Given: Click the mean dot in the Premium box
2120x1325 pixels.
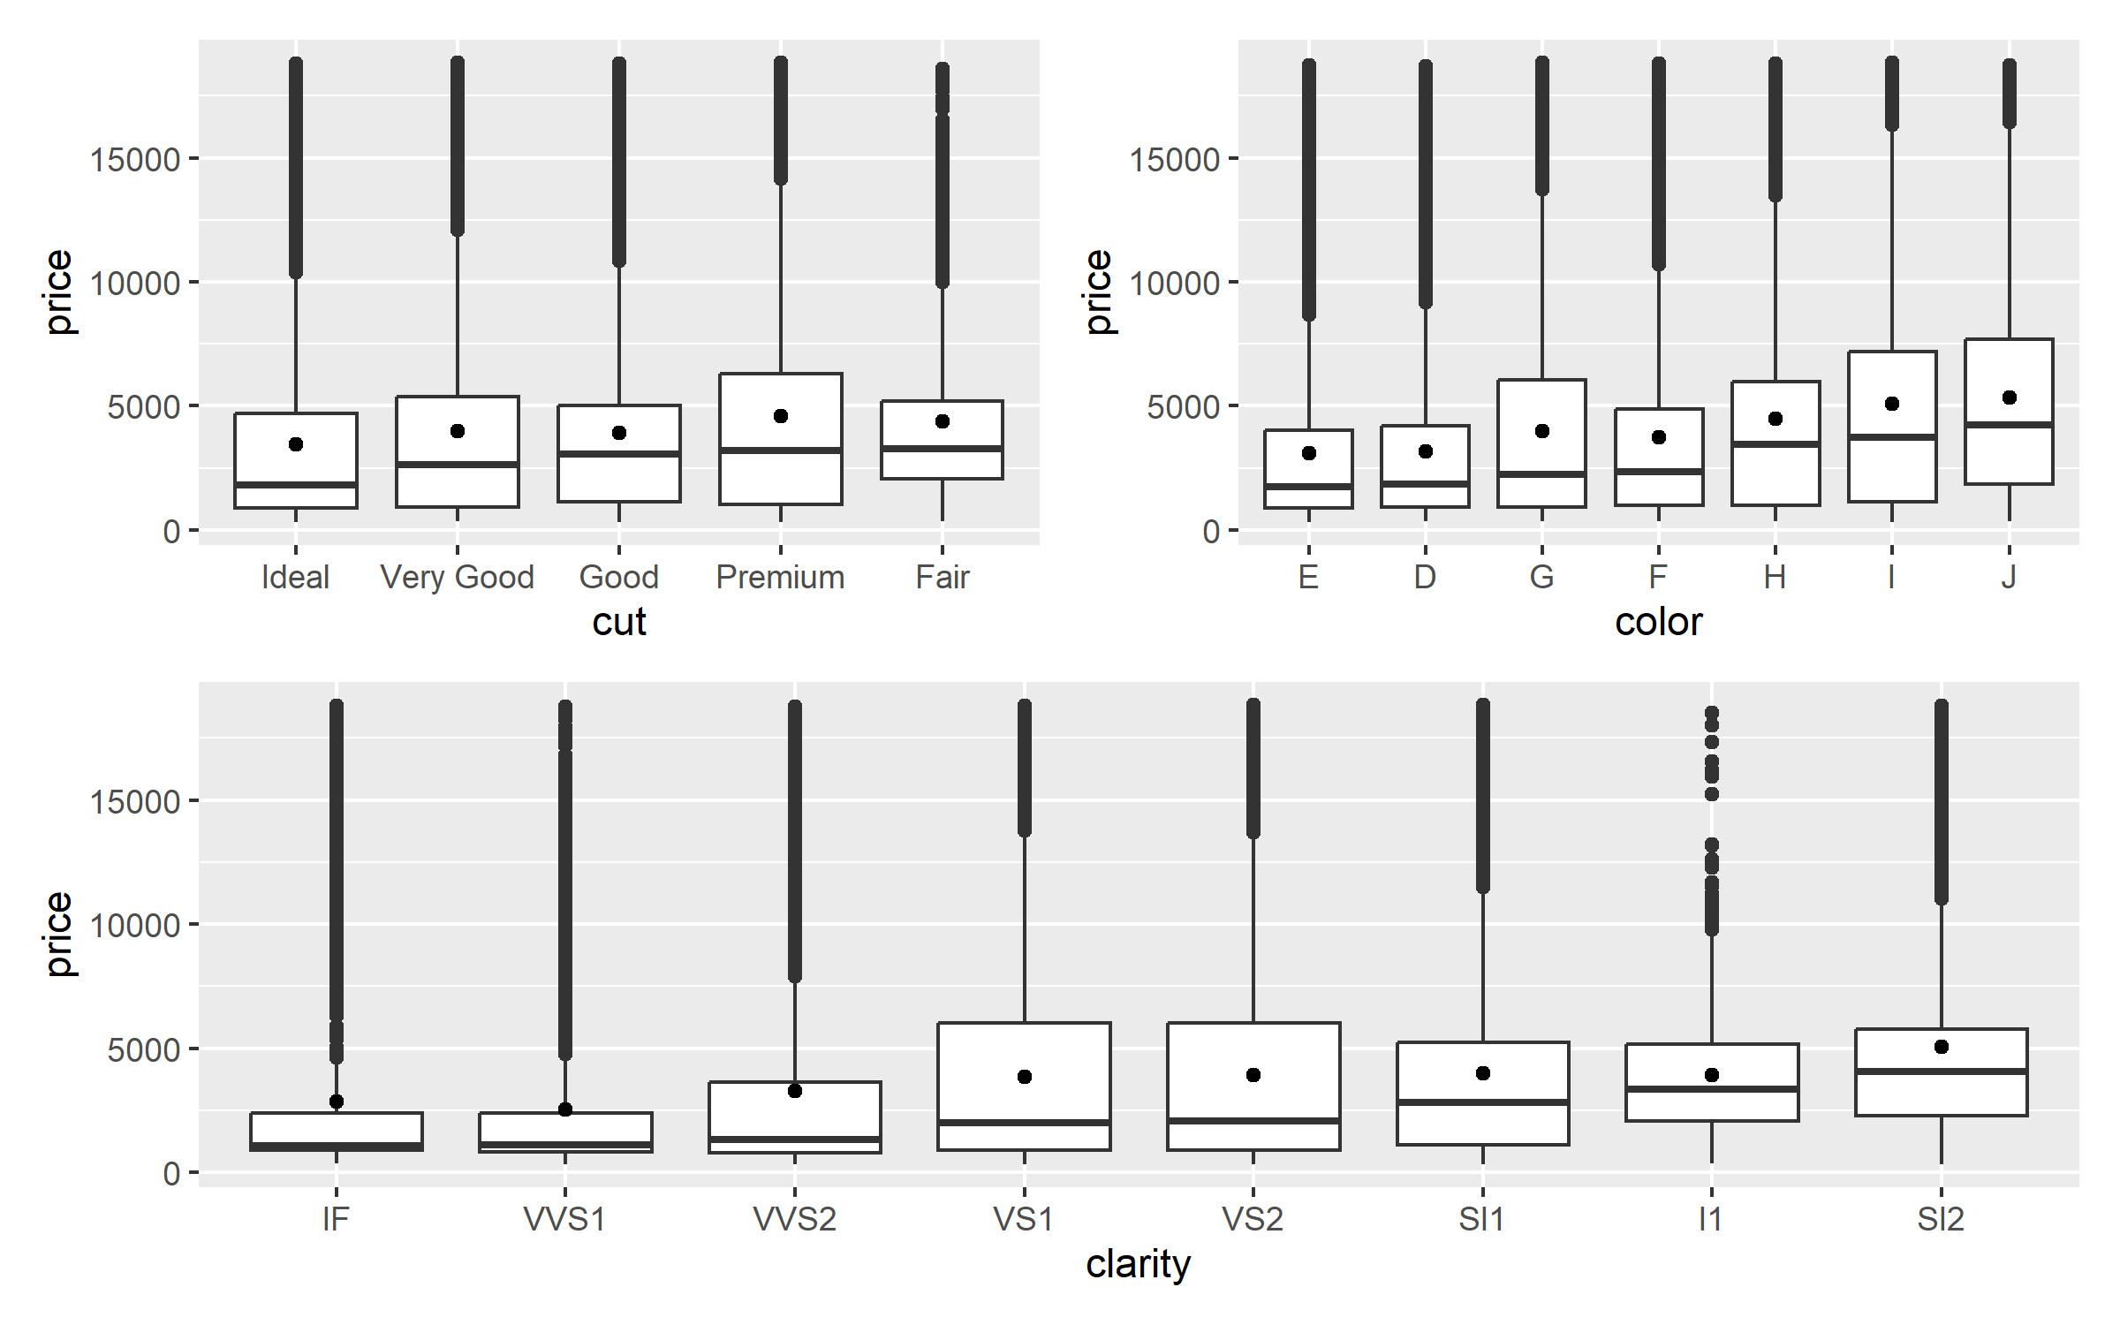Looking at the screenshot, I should coord(781,416).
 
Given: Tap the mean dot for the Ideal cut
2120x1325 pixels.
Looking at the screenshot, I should coord(296,444).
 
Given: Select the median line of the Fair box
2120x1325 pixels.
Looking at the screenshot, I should coord(943,449).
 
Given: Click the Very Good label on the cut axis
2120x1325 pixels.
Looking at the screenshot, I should coord(457,578).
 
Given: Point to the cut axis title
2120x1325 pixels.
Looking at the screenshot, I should coord(619,622).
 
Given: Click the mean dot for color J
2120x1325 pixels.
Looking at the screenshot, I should coord(2010,397).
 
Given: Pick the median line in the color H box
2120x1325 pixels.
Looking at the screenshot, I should coord(1775,444).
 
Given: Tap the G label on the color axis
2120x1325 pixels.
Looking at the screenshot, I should coord(1541,578).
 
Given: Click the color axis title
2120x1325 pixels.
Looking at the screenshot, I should coord(1658,622).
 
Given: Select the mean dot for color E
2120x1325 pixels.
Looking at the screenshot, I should coord(1309,453).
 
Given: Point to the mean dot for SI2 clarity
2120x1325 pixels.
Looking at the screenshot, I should coord(1942,1047).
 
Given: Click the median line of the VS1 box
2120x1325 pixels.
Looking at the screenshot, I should coord(1024,1123).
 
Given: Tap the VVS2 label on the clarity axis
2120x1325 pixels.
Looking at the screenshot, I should coord(794,1220).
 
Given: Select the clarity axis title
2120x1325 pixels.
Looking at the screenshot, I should coord(1138,1264).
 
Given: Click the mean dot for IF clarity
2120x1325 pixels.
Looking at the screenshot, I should coord(337,1102).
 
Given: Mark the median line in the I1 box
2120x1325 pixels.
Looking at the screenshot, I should coord(1712,1089).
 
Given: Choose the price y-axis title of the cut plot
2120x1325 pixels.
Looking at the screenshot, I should coord(58,291).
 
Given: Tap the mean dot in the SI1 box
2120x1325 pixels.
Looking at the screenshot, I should coord(1483,1073).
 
